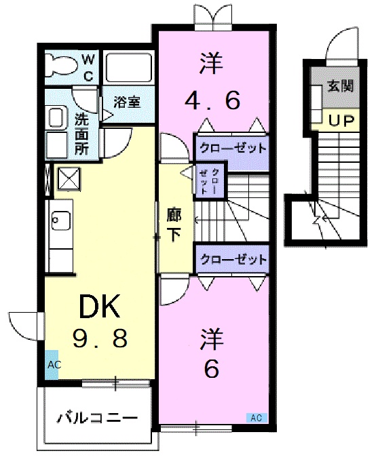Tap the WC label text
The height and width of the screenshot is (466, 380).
coord(89,67)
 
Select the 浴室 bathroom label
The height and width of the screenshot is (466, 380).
coord(127,102)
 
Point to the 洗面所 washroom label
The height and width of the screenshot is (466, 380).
coord(81,132)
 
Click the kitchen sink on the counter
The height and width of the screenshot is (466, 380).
coord(60,220)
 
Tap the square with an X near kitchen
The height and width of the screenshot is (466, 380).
coord(69,180)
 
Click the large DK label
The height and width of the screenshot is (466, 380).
coord(100,309)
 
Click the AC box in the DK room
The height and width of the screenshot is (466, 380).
coord(54,365)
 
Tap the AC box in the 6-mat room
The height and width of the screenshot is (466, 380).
coord(256,417)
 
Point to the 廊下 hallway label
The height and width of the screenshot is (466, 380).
coord(174,225)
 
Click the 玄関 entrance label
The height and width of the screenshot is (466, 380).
coord(339,86)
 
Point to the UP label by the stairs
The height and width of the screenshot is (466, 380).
coord(340,121)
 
